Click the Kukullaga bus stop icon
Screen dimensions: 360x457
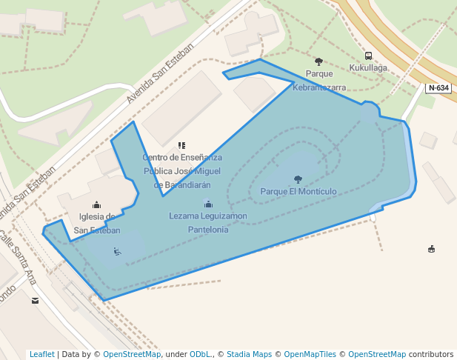pyautogui.click(x=368, y=56)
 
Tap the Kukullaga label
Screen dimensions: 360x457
pyautogui.click(x=368, y=67)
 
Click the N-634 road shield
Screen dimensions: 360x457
pyautogui.click(x=438, y=88)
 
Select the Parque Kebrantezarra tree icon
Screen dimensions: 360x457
pyautogui.click(x=318, y=61)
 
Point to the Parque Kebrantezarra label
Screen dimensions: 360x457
pyautogui.click(x=319, y=80)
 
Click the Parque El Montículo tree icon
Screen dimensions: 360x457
pyautogui.click(x=298, y=179)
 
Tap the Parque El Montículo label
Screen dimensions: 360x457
pyautogui.click(x=298, y=191)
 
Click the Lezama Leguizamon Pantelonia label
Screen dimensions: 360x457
pyautogui.click(x=208, y=222)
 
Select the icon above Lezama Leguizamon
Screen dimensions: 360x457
pyautogui.click(x=208, y=204)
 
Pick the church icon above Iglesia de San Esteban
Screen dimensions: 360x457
pyautogui.click(x=96, y=204)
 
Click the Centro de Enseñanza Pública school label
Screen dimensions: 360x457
pyautogui.click(x=182, y=170)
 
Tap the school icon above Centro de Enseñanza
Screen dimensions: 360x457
pyautogui.click(x=181, y=145)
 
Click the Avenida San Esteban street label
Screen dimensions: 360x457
pyautogui.click(x=159, y=74)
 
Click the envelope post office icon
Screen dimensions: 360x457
pyautogui.click(x=35, y=301)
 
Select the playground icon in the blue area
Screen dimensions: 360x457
pyautogui.click(x=117, y=251)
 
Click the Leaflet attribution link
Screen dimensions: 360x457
pyautogui.click(x=41, y=354)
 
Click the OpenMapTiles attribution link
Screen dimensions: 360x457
pyautogui.click(x=310, y=354)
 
